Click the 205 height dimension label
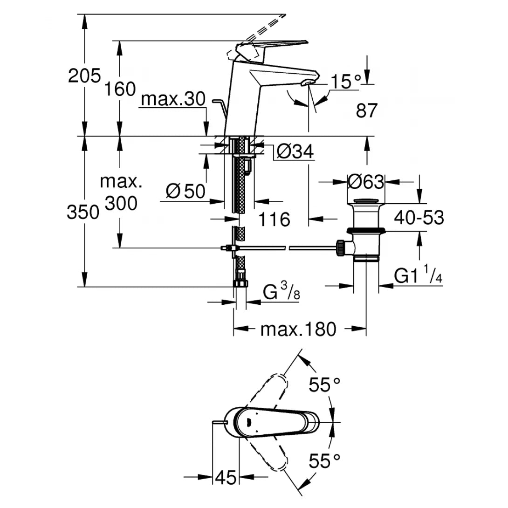tap(84, 75)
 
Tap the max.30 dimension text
tap(173, 99)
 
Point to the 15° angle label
tap(346, 82)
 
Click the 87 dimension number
tap(366, 111)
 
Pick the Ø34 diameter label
tap(295, 151)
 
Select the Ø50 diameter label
tap(185, 191)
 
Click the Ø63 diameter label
tap(366, 181)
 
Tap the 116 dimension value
tap(274, 219)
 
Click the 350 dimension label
tap(83, 212)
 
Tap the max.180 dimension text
tap(298, 330)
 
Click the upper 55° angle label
tap(325, 385)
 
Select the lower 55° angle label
tap(325, 461)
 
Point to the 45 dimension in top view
tap(226, 477)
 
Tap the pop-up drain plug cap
tap(366, 201)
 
